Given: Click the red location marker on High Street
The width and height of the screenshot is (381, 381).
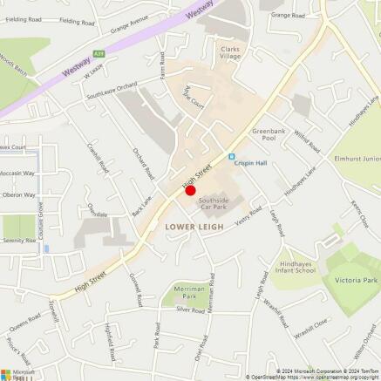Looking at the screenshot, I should [x=191, y=189].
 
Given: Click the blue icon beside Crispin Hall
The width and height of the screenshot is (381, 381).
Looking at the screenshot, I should [x=232, y=157].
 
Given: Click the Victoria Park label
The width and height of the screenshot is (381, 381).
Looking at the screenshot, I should [x=357, y=280].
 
